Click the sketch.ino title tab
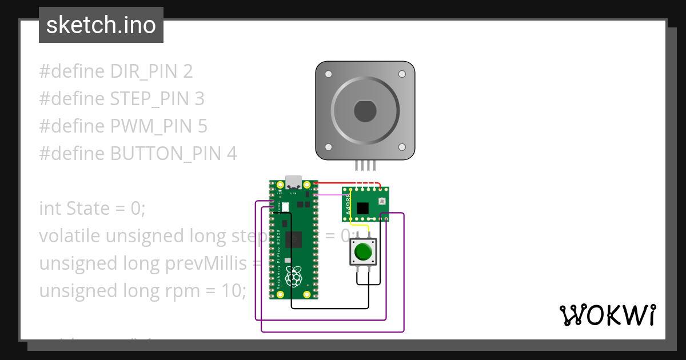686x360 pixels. click(101, 25)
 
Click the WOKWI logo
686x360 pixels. click(607, 314)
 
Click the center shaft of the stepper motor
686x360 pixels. click(365, 111)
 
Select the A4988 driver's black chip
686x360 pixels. click(362, 208)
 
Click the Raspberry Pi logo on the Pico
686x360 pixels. click(293, 277)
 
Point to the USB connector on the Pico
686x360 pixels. click(293, 182)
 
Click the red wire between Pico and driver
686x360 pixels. click(337, 183)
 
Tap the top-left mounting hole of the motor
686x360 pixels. click(328, 75)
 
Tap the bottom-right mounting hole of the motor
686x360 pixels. click(402, 146)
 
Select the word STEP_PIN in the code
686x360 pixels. click(149, 99)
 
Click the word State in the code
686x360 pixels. click(88, 209)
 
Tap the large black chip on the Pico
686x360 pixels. click(293, 239)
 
